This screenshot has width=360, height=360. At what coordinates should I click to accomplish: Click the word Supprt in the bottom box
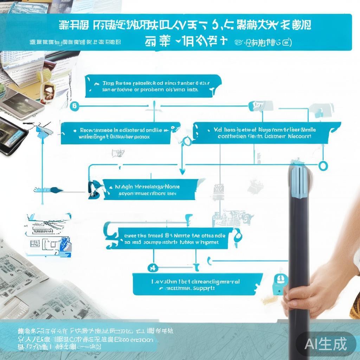click(204, 288)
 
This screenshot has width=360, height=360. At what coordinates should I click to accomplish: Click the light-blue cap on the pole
click(299, 181)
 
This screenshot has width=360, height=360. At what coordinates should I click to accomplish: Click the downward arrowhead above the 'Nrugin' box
click(182, 171)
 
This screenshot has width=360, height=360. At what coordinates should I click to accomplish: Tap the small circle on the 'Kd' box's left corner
click(188, 142)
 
